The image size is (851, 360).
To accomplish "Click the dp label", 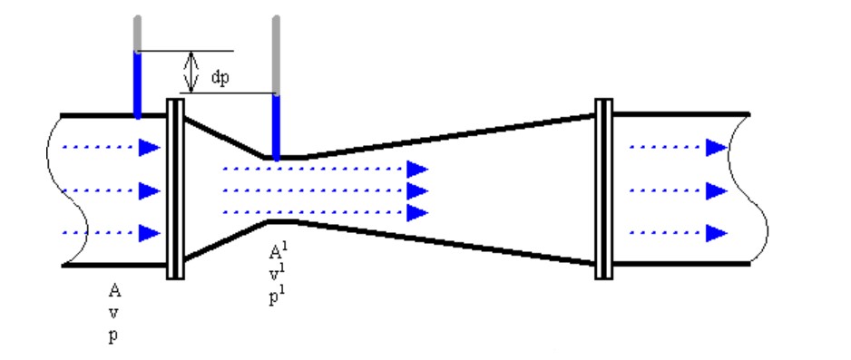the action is [x=220, y=78].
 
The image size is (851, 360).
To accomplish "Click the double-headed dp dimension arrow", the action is [x=191, y=72].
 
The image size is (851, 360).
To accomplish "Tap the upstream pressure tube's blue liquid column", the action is [x=137, y=84].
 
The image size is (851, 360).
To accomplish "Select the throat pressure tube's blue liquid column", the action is [x=276, y=128].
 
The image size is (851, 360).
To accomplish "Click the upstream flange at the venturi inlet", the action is [x=175, y=190].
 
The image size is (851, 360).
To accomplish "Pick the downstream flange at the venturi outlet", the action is [x=604, y=190].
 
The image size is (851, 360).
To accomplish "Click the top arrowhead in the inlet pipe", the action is [x=150, y=148].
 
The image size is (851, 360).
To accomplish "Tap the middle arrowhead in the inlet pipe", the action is [x=150, y=190].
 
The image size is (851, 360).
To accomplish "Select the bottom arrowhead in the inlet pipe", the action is [x=150, y=234].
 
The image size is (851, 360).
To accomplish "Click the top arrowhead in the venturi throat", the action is [x=417, y=170].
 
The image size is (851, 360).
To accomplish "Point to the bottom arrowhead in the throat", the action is [x=417, y=212].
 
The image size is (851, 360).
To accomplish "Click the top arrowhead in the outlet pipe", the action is [x=717, y=148].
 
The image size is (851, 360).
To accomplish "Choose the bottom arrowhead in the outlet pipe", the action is [x=717, y=234].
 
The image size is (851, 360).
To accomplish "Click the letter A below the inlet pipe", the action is [x=114, y=291].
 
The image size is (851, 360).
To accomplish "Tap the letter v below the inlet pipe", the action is [x=113, y=314].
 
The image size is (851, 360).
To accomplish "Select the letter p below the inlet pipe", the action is [x=112, y=336].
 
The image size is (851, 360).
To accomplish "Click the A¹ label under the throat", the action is [x=277, y=251].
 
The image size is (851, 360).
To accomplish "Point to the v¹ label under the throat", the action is [x=277, y=275].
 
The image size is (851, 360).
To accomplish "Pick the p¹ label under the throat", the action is [x=277, y=297].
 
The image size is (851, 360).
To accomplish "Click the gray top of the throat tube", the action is [x=276, y=55].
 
